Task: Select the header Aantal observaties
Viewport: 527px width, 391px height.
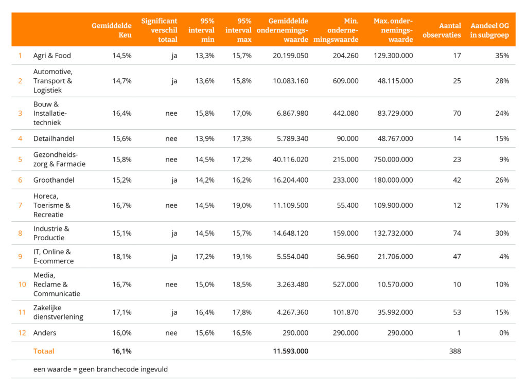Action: click(442, 30)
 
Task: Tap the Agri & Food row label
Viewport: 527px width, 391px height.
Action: click(52, 56)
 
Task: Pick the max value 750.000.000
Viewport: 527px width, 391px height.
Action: click(393, 159)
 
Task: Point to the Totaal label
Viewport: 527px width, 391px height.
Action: click(44, 351)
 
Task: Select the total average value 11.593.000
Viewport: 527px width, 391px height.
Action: click(290, 351)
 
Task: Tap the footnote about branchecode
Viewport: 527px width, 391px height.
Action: click(100, 369)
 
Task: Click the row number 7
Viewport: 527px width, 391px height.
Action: click(20, 205)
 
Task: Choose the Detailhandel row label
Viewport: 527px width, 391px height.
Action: click(54, 138)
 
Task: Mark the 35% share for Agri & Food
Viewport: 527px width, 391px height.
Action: click(502, 56)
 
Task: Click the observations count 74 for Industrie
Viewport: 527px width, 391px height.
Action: click(456, 233)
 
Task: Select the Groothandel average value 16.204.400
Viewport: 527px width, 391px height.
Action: click(290, 180)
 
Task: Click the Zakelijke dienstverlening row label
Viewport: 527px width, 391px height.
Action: click(58, 312)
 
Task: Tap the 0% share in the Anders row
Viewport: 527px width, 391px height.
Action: click(504, 333)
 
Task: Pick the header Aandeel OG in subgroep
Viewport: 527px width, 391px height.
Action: click(489, 30)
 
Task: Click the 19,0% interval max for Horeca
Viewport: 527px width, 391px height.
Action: click(242, 205)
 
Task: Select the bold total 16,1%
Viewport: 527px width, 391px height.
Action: click(121, 351)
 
